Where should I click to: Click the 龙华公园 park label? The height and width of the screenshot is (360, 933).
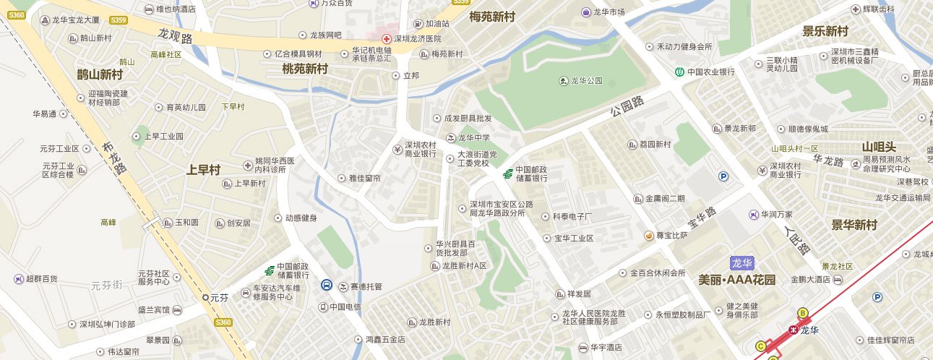pos(586,81)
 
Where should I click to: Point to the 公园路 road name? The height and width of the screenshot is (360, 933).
pos(627,107)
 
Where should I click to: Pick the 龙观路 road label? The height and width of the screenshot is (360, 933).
pos(175,36)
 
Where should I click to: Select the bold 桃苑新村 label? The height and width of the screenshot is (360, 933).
pos(305,69)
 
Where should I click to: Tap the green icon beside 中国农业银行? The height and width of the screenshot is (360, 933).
pos(680,72)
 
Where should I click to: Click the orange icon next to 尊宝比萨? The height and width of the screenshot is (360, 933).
pos(649,235)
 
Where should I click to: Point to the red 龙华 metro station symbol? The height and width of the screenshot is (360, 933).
pos(793,330)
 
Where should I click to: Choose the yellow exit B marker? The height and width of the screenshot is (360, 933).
pos(801,312)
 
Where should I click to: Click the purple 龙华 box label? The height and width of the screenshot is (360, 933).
pos(741,263)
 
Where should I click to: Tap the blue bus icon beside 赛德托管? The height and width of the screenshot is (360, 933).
pos(327,286)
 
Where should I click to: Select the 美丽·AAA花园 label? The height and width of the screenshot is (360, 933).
pos(737,280)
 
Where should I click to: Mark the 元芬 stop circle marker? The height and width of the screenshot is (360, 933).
pos(205,297)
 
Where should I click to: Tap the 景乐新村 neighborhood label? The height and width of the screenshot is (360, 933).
pos(825,31)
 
